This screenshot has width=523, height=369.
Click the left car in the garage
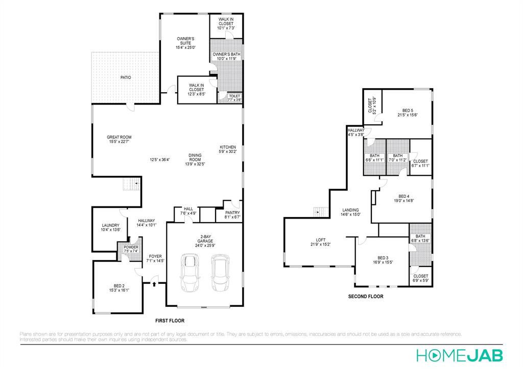point(189,272)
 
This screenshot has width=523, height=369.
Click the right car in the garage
point(220,272)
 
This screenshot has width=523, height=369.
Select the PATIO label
point(125,77)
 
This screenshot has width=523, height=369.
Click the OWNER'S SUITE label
point(185,41)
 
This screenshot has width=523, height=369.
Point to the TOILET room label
point(235,95)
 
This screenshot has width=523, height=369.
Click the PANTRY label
point(232,213)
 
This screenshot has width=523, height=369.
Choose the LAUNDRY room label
point(110,225)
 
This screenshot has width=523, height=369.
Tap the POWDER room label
point(130,247)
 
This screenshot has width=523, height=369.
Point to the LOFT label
point(320,239)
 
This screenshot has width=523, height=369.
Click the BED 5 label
point(407,111)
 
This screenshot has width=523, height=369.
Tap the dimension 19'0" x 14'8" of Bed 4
point(403,201)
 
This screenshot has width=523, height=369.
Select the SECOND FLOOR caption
point(366,296)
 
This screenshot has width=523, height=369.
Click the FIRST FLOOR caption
point(170,321)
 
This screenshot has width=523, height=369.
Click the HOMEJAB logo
point(460,355)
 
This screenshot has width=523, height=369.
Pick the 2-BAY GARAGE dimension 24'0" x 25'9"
point(205,245)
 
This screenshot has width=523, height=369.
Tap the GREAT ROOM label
point(119,137)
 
